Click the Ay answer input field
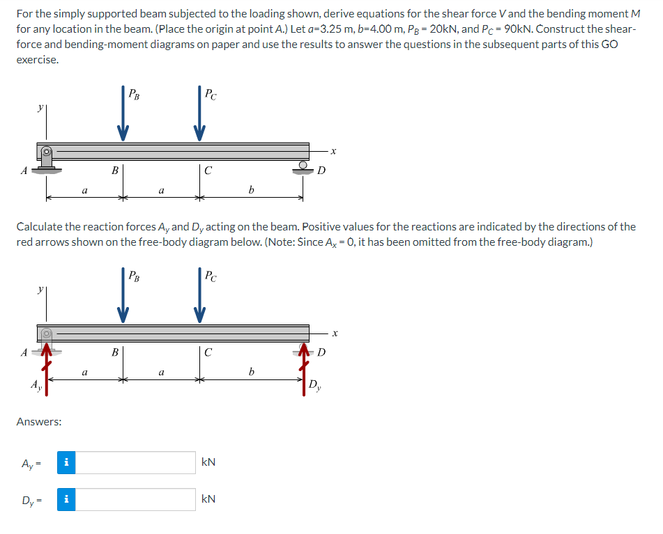pyautogui.click(x=135, y=463)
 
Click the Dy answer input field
pyautogui.click(x=135, y=499)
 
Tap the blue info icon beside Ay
pyautogui.click(x=66, y=463)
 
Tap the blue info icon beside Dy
pyautogui.click(x=66, y=499)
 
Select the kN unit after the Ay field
pyautogui.click(x=208, y=463)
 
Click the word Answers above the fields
pyautogui.click(x=38, y=422)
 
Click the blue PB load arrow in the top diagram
pyautogui.click(x=123, y=115)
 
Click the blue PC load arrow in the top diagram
pyautogui.click(x=200, y=115)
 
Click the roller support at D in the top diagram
pyautogui.click(x=304, y=168)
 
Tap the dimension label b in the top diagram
pyautogui.click(x=251, y=189)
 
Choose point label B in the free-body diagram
pyautogui.click(x=115, y=352)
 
